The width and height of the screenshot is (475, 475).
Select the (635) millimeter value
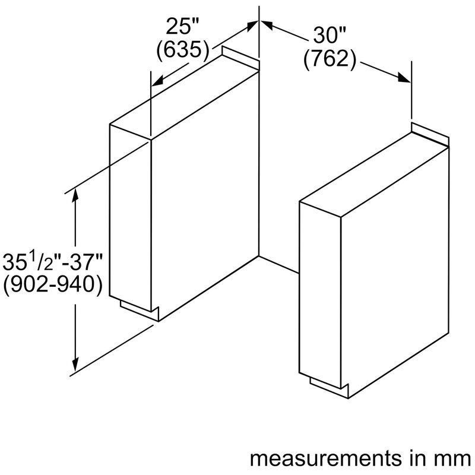coord(183,49)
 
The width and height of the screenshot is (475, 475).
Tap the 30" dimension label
coord(330,35)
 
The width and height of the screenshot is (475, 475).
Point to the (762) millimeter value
coord(330,58)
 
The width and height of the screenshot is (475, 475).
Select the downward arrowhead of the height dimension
coord(75,365)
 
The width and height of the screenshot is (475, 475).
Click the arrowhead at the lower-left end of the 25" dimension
coord(157,81)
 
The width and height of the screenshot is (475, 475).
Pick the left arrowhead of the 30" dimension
coord(267,24)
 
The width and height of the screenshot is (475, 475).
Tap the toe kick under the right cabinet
coord(330,388)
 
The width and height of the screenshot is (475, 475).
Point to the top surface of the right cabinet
coord(374,175)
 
